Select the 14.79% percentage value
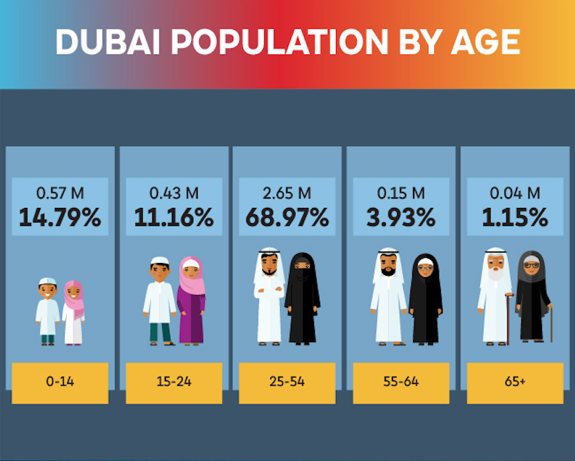[x=60, y=217]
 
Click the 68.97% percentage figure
[x=287, y=217]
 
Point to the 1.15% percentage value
[x=515, y=217]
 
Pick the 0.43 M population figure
[x=174, y=193]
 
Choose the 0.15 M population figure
[x=401, y=193]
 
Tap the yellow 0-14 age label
[x=60, y=383]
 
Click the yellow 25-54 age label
[x=287, y=383]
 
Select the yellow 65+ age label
[x=515, y=383]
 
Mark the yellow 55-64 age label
[x=401, y=383]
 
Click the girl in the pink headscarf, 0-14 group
[x=74, y=312]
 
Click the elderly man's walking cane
[x=509, y=319]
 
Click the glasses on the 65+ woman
[x=531, y=265]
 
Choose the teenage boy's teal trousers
[x=159, y=331]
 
